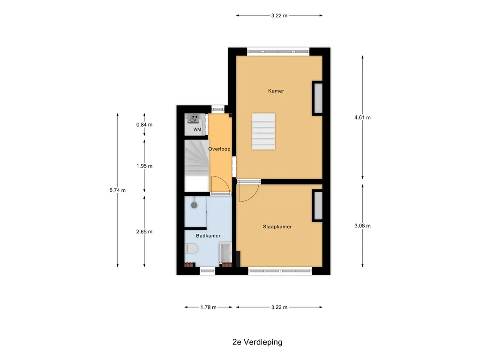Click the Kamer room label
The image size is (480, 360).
(x=276, y=91)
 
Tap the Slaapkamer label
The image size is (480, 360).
(x=277, y=227)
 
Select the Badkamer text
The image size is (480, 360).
(x=208, y=236)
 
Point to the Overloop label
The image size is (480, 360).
(x=219, y=149)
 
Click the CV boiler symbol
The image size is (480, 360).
(x=194, y=119)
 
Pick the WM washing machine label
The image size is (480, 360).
(x=197, y=129)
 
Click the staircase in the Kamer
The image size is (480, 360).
(x=263, y=131)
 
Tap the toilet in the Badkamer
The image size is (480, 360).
(x=190, y=248)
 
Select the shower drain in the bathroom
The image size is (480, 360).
(x=194, y=205)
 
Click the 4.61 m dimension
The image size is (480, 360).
(x=362, y=117)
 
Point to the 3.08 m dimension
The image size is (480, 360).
(x=362, y=225)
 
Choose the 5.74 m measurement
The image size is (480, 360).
(x=118, y=190)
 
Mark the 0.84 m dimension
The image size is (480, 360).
(x=144, y=125)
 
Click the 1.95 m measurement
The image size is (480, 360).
(x=144, y=166)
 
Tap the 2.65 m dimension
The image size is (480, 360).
(x=144, y=232)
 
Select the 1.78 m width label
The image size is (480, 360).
(x=209, y=307)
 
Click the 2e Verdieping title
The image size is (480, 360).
(x=257, y=342)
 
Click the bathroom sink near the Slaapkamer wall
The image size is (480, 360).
(x=225, y=253)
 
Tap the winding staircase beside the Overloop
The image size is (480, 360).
(x=197, y=165)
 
